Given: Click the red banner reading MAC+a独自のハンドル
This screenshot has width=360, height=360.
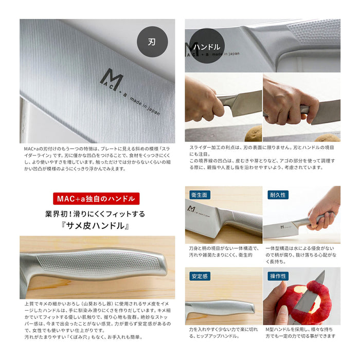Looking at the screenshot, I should click(x=96, y=198).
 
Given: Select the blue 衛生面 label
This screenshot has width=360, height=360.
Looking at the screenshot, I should click(x=200, y=195).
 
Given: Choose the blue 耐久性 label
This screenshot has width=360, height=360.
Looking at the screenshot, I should click(x=278, y=195).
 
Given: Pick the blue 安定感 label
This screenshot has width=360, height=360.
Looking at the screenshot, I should click(x=200, y=276).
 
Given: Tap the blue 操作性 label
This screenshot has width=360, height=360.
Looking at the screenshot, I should click(x=278, y=276).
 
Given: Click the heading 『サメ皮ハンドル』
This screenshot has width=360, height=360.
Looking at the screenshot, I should click(x=97, y=226).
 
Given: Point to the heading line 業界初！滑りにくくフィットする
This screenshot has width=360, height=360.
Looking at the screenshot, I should click(x=97, y=213).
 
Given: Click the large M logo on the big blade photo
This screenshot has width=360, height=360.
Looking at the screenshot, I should click(x=114, y=81).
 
